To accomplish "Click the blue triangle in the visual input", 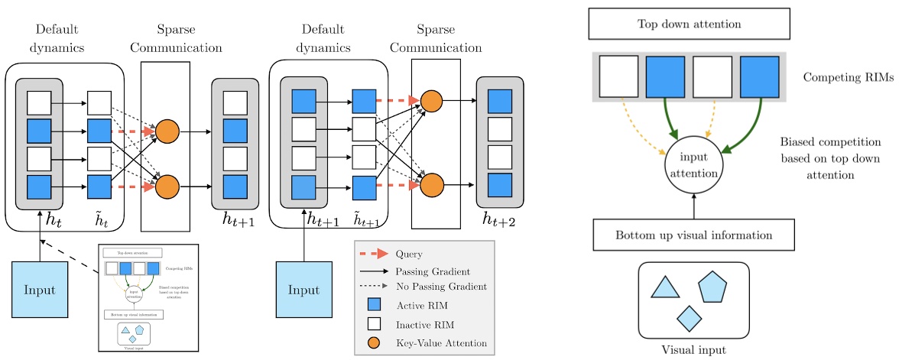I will [x=664, y=287].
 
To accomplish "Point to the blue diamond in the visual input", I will [x=689, y=317].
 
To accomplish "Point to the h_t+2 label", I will [x=498, y=220].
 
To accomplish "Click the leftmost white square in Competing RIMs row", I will [x=618, y=77].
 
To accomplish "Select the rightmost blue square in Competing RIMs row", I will [x=760, y=77].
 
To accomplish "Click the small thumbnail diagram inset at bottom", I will [x=148, y=297].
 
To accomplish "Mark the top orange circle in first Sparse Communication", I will [x=167, y=131].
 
